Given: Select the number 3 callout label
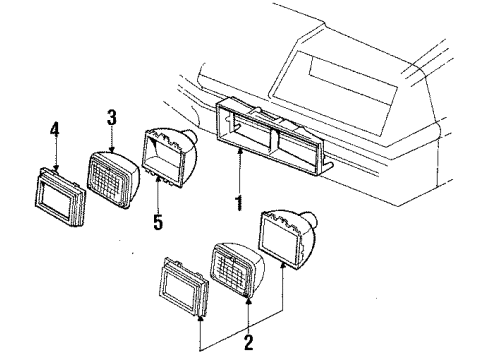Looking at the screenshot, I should click(x=112, y=120).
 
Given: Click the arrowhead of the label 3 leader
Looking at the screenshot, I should click(x=112, y=150).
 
